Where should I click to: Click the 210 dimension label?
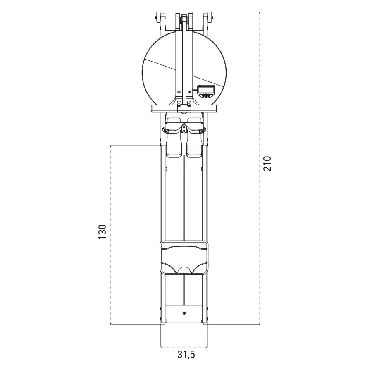(267, 164)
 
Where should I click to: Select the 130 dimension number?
(103, 232)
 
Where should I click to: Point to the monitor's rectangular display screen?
(206, 90)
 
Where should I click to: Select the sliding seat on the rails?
(184, 258)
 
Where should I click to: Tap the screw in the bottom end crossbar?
(184, 313)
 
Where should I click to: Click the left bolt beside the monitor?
(179, 92)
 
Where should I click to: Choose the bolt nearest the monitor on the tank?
(189, 92)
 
